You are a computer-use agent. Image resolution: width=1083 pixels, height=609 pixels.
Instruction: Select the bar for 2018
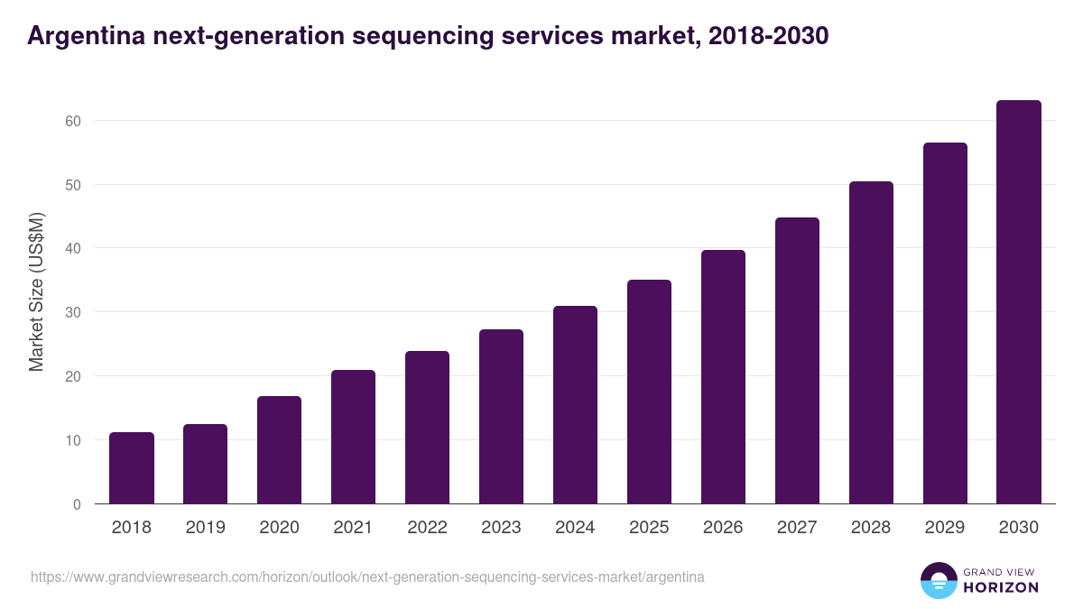coord(132,468)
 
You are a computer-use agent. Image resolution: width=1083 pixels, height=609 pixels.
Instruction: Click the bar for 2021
coord(353,437)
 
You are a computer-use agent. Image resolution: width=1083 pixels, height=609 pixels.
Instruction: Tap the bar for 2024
coord(575,405)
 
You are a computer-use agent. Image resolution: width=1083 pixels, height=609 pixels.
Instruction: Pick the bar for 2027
coord(797,361)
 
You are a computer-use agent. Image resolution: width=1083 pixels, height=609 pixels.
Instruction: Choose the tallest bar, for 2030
coord(1019,302)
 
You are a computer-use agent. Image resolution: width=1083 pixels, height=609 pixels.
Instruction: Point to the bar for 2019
coord(206,464)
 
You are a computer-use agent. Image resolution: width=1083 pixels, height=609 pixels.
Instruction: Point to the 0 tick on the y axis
coord(77,504)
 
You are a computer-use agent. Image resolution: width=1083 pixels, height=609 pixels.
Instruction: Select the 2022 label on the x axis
coord(427,528)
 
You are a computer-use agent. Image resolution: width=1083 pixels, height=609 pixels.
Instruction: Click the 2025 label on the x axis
coord(649,528)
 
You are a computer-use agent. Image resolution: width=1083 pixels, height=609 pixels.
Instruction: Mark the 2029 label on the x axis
coord(945,528)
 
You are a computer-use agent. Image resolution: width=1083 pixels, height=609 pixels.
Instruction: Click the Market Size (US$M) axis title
coord(36,291)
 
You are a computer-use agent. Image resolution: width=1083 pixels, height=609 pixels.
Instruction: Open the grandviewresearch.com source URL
coord(367,577)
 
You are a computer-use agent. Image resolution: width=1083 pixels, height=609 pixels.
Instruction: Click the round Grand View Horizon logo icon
coord(938,580)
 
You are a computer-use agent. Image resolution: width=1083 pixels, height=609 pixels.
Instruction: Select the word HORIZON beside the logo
coord(1001,587)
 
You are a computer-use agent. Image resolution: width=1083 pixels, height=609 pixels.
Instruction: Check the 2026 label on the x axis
coord(723,528)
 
